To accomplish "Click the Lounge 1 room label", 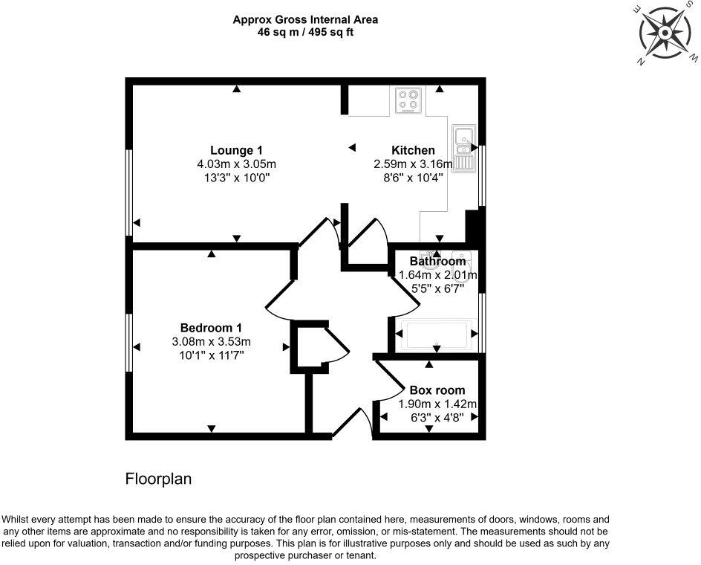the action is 236,149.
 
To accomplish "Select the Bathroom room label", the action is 438,261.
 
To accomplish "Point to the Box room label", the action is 437,390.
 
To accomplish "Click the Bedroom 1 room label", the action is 211,328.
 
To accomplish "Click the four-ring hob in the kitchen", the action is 408,100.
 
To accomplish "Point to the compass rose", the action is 662,32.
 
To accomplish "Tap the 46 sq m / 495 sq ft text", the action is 306,33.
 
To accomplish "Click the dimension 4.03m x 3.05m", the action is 236,164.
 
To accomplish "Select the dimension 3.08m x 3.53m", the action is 211,342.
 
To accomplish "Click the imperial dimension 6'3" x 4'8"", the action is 437,418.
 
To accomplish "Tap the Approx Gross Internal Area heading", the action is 306,20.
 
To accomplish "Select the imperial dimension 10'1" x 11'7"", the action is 211,355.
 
